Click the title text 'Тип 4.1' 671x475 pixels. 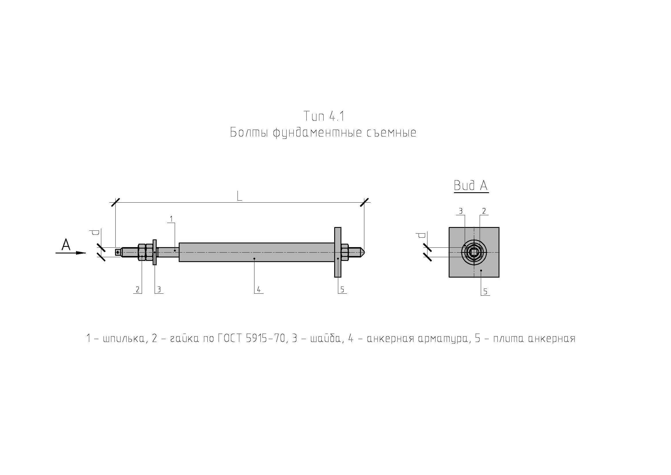pyautogui.click(x=324, y=116)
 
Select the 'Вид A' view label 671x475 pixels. pyautogui.click(x=471, y=186)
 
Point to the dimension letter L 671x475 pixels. pyautogui.click(x=239, y=196)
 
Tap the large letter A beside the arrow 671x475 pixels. pyautogui.click(x=66, y=245)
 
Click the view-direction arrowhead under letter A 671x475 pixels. pyautogui.click(x=81, y=253)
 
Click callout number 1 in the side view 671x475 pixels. pyautogui.click(x=171, y=219)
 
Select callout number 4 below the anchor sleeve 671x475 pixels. pyautogui.click(x=259, y=290)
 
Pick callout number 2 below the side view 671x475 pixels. pyautogui.click(x=138, y=290)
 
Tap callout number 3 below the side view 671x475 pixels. pyautogui.click(x=159, y=290)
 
